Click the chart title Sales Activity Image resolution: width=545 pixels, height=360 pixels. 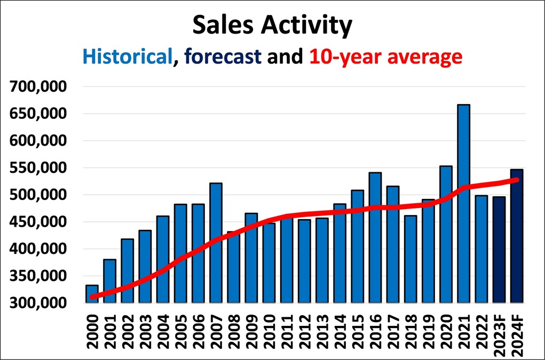tap(272, 25)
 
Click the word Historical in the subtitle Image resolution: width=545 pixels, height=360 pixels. tap(128, 56)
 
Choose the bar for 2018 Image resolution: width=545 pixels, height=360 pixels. tap(410, 261)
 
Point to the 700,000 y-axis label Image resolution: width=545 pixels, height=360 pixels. tap(40, 86)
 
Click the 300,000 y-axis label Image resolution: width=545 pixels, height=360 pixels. tap(40, 303)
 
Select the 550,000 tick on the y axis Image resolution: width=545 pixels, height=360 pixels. tap(40, 167)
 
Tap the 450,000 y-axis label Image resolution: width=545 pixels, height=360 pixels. tap(40, 222)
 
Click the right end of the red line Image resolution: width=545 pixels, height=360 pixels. tap(516, 180)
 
